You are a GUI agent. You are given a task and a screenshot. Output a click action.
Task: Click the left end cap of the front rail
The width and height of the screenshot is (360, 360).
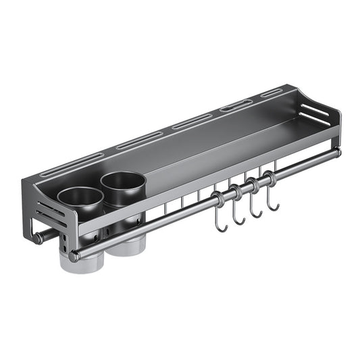[x=72, y=256]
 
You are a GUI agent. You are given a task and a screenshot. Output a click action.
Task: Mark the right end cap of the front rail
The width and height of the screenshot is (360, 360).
[x=337, y=152]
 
